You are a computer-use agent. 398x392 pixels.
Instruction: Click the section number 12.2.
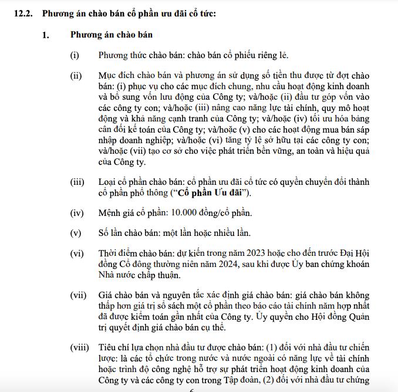click(23, 13)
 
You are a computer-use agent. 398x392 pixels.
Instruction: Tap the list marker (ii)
click(76, 76)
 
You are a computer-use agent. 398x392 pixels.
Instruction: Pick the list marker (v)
click(76, 232)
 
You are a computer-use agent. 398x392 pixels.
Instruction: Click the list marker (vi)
click(77, 253)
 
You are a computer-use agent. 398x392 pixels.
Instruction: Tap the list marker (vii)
click(78, 295)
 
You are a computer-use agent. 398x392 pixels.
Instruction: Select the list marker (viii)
click(79, 347)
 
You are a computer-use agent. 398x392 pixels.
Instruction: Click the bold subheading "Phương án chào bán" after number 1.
click(112, 35)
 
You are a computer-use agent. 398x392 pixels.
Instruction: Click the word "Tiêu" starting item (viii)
click(109, 347)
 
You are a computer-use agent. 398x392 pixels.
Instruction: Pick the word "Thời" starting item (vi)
click(109, 253)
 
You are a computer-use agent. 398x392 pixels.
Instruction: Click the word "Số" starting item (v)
click(104, 232)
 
